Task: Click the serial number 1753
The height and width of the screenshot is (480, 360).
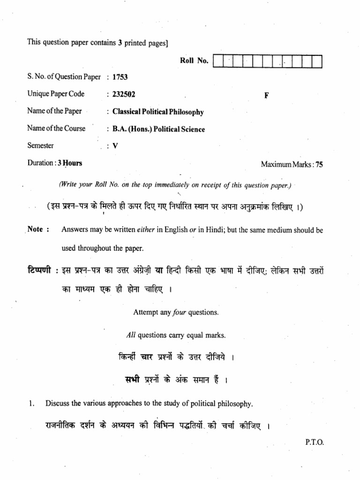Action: tap(120, 77)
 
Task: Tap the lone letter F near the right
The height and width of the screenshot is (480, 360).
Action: tap(266, 95)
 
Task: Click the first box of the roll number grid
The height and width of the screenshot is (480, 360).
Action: tap(218, 61)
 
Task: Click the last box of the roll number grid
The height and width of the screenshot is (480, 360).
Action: tap(317, 61)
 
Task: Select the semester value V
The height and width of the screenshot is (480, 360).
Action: tap(115, 146)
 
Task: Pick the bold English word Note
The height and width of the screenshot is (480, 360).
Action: tap(35, 229)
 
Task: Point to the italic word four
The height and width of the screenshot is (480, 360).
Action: tap(180, 312)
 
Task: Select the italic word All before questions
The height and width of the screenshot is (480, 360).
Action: tap(131, 335)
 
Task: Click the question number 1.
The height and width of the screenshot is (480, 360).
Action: tap(30, 403)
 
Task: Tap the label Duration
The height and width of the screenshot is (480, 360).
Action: tap(40, 163)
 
